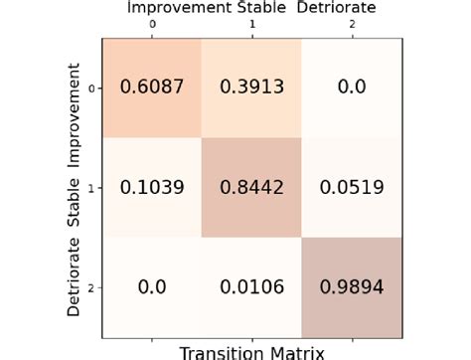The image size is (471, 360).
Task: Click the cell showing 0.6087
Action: point(151,87)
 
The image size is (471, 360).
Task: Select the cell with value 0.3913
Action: point(252,87)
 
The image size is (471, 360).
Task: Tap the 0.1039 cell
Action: point(151,187)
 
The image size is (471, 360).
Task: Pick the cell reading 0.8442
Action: point(252,187)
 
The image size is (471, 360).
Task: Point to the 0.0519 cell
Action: point(353,187)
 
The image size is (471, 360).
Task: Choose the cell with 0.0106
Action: point(252,287)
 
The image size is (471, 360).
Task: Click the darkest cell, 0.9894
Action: point(353,287)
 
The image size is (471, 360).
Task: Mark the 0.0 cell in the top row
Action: point(353,87)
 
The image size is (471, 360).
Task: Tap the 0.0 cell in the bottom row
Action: point(151,287)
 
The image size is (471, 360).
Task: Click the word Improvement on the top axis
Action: point(186,8)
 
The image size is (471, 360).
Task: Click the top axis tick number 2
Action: point(353,22)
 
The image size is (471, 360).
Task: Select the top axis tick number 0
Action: point(151,22)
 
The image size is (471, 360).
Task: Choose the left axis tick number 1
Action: point(90,187)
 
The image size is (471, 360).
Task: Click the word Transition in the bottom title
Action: point(225,351)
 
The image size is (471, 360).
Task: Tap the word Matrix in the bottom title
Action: point(297,351)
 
